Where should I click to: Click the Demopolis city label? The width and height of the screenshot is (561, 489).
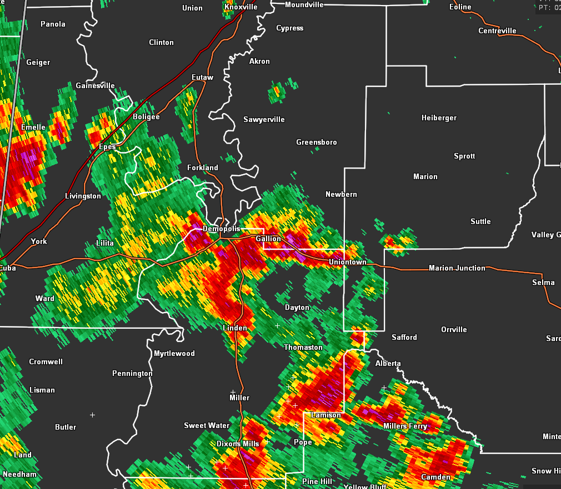click(221, 229)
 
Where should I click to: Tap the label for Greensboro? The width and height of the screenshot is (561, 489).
click(316, 142)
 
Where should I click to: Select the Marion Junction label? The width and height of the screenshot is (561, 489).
click(457, 268)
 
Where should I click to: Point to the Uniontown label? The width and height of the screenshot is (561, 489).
click(347, 262)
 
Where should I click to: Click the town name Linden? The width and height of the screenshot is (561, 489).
click(235, 328)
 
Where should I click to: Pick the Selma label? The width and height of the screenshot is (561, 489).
click(543, 283)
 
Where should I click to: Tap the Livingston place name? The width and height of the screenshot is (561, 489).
click(83, 196)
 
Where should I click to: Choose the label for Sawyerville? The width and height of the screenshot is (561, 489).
click(264, 120)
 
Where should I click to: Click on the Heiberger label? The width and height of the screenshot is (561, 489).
click(439, 118)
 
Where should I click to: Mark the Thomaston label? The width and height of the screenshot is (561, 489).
click(303, 348)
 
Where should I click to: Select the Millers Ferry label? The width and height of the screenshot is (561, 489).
click(405, 426)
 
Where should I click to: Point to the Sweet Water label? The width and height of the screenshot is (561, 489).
click(207, 426)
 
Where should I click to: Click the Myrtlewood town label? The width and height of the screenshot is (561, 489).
click(174, 354)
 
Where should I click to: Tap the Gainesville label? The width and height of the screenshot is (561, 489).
click(95, 86)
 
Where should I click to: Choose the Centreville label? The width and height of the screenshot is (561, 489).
click(497, 31)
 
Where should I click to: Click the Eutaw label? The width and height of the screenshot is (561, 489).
click(202, 78)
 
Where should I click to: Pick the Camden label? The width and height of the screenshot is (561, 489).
click(435, 477)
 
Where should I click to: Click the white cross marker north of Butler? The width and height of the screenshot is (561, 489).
click(92, 415)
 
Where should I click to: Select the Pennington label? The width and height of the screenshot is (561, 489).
click(132, 374)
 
